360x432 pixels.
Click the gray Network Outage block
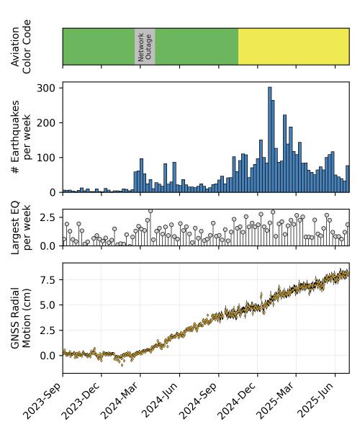pos(145,46)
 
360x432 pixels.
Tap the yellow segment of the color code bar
pos(294,46)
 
